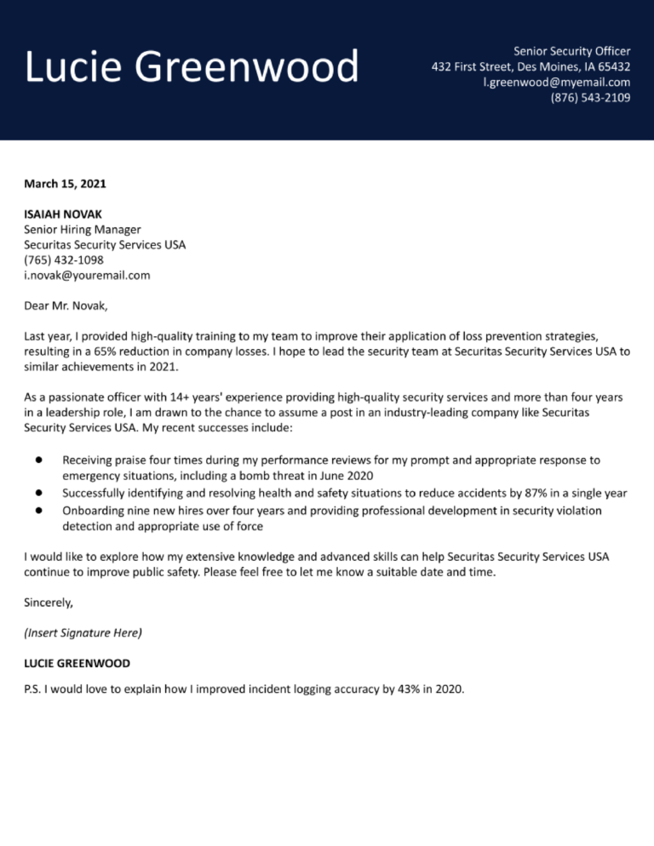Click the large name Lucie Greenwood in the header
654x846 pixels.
coord(192,68)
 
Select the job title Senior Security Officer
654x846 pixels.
coord(571,51)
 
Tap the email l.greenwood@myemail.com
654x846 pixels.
coord(556,82)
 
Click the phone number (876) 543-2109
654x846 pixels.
coord(590,97)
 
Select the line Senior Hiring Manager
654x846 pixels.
coord(83,229)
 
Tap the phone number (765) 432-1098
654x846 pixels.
coord(64,260)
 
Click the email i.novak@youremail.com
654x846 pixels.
coord(87,275)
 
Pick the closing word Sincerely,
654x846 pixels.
coord(49,602)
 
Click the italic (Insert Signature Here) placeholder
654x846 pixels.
coord(83,632)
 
